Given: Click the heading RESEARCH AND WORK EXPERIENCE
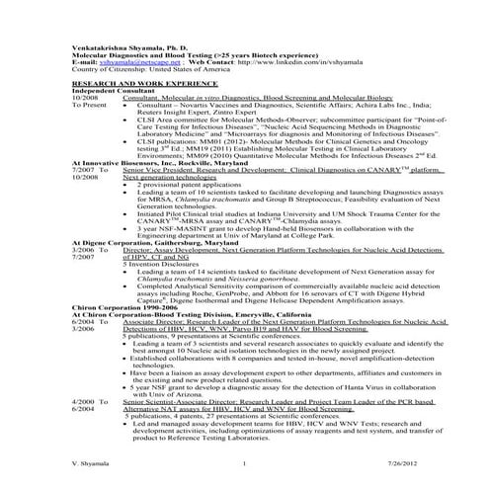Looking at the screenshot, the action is coord(127,87).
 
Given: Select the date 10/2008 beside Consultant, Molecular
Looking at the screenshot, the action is coord(85,101).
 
